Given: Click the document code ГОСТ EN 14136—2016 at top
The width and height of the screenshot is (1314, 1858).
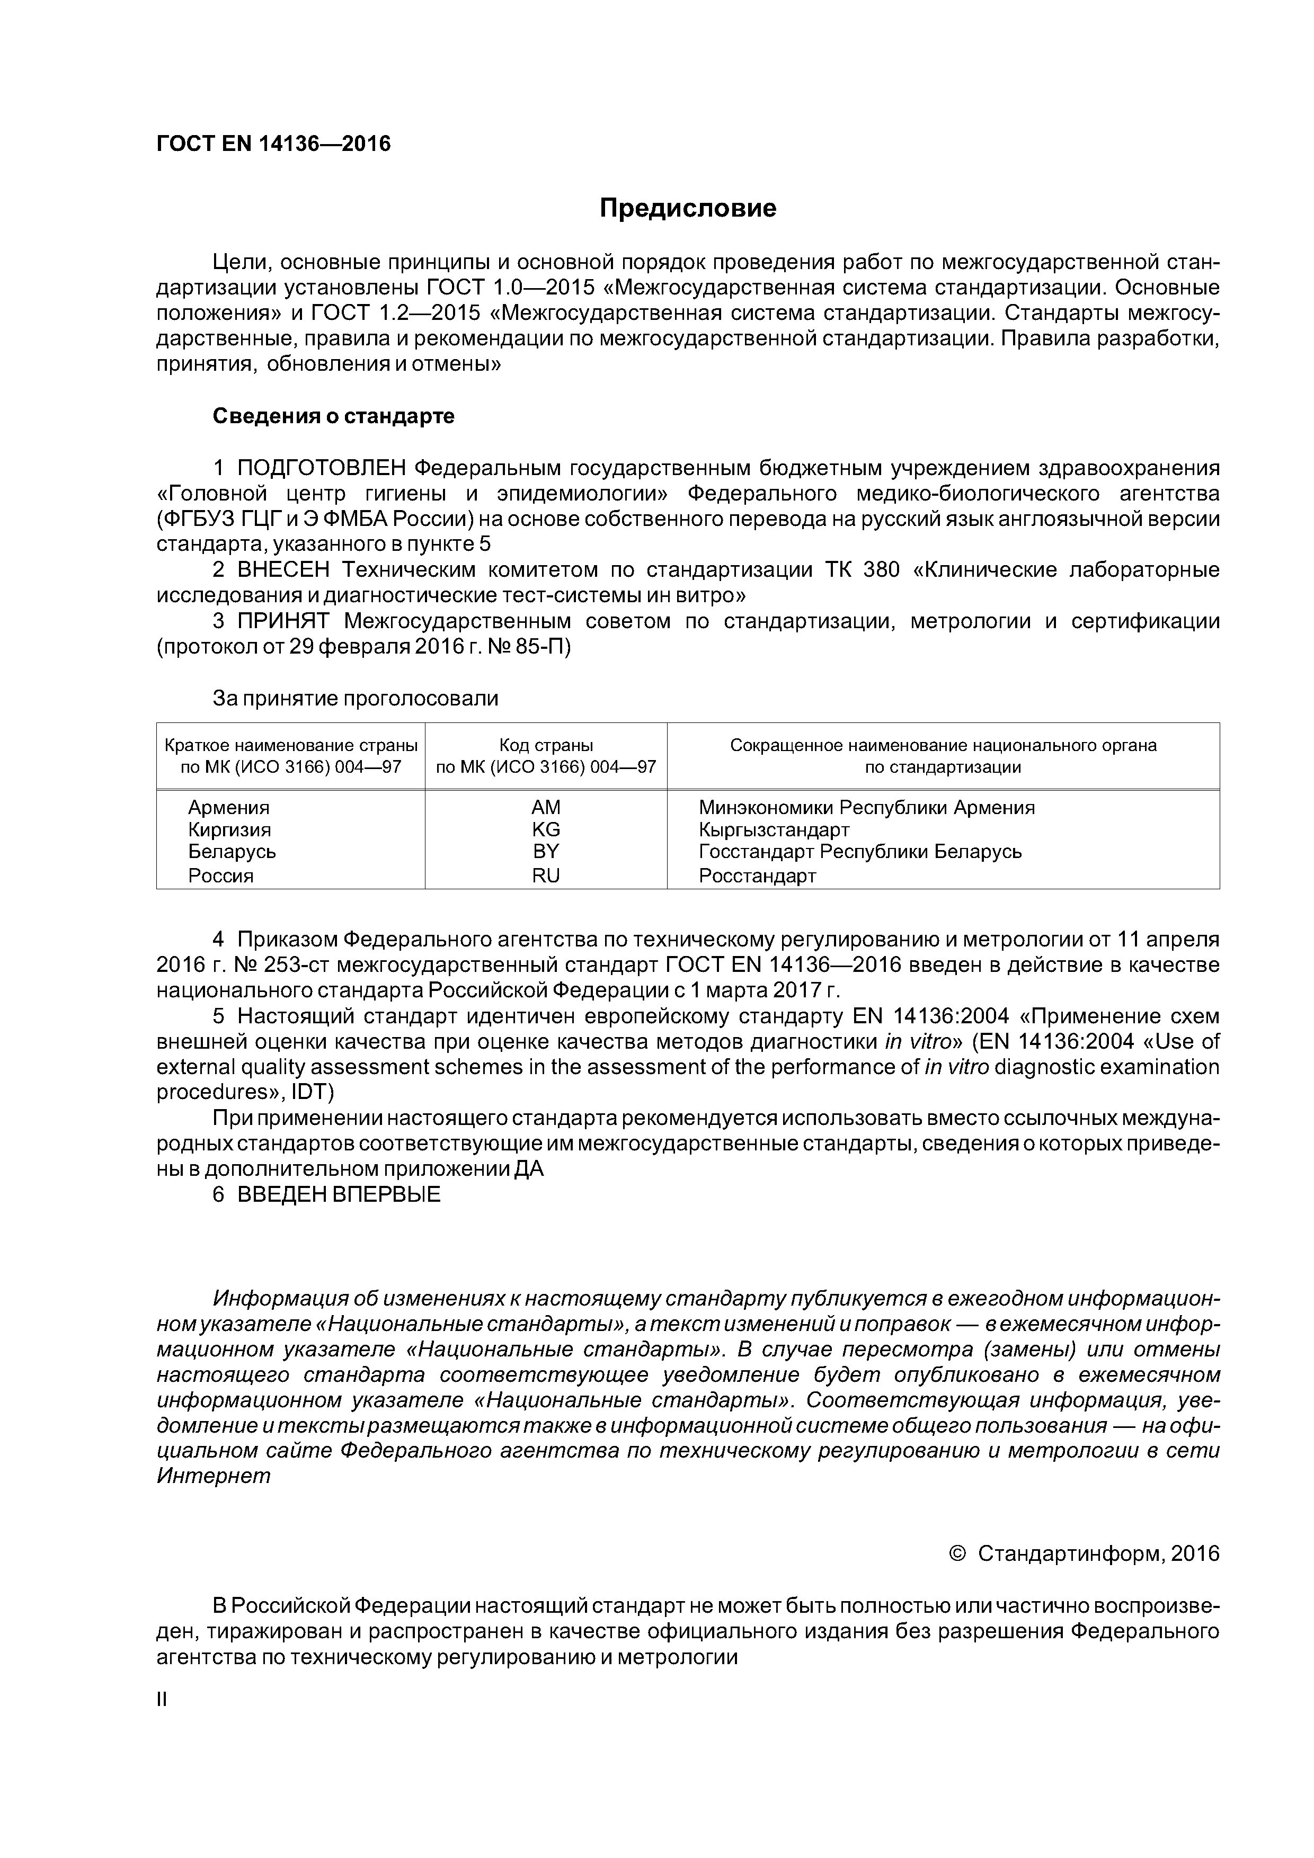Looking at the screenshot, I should pyautogui.click(x=273, y=144).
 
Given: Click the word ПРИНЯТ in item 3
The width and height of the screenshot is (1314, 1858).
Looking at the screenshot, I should pyautogui.click(x=283, y=621).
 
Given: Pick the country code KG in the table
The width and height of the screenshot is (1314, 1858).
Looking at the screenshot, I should pyautogui.click(x=546, y=829).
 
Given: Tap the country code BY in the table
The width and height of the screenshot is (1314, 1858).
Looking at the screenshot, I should pyautogui.click(x=546, y=851).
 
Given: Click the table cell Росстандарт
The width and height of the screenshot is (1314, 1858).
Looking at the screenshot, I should pyautogui.click(x=757, y=876).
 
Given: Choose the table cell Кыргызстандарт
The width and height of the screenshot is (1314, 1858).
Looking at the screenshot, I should pyautogui.click(x=774, y=829).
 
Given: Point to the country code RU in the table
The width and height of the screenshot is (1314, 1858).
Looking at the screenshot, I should pyautogui.click(x=546, y=876).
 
